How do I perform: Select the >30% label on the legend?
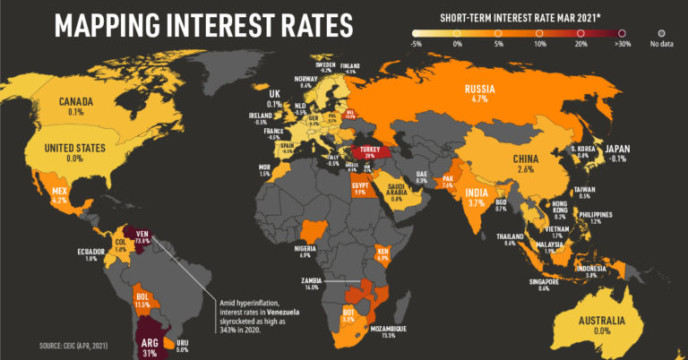tap(623, 42)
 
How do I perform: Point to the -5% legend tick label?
tap(417, 42)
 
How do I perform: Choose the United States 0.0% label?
tap(75, 151)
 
